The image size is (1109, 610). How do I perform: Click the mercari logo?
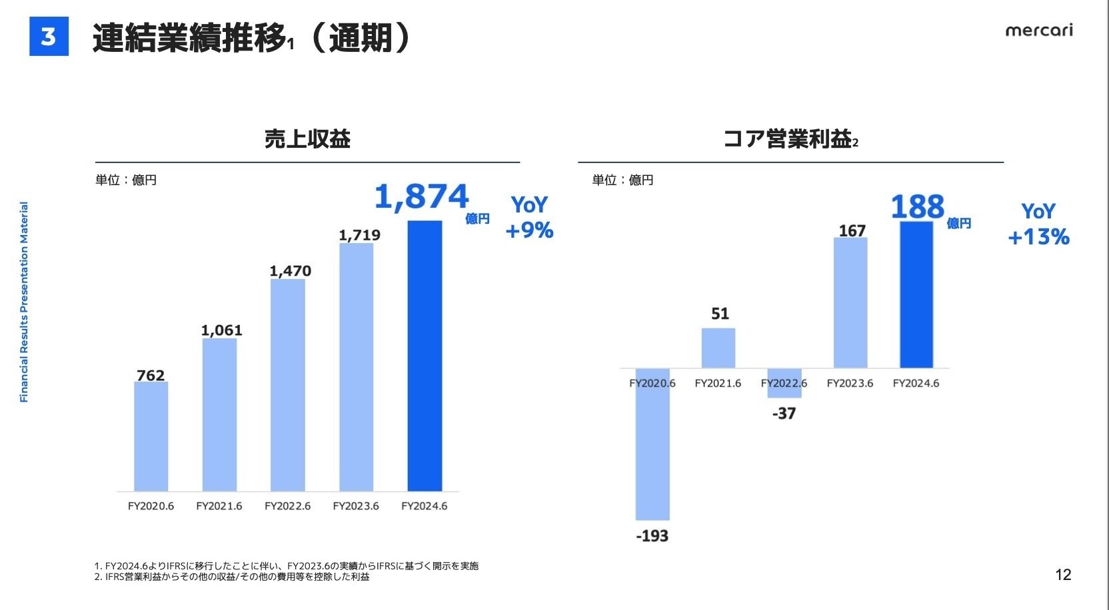1038,31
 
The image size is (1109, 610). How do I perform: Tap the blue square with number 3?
49,37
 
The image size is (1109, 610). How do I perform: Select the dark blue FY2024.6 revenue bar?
425,356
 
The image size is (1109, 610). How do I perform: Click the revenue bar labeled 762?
151,436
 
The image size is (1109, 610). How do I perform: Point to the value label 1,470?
290,271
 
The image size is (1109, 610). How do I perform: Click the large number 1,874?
421,197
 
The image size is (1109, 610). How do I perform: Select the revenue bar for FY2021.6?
219,414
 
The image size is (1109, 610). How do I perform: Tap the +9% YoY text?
529,230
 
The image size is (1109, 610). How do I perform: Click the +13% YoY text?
1038,237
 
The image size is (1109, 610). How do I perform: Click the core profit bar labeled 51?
718,348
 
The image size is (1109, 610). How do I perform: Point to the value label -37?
784,414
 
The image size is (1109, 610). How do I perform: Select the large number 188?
918,207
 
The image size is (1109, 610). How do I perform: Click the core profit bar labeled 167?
850,303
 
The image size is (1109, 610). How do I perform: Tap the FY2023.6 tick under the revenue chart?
356,506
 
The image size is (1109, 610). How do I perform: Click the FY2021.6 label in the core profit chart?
718,384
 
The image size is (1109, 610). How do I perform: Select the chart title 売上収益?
307,139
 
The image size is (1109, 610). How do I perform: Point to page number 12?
1063,575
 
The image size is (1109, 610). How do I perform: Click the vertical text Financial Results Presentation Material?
24,302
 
